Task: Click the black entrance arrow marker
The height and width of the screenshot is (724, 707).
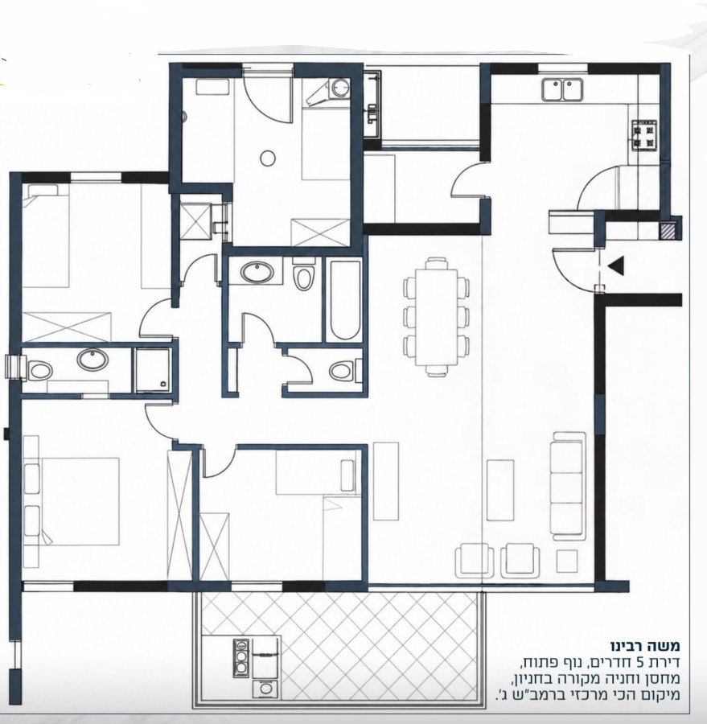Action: point(616,266)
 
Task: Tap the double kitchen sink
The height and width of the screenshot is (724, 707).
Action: point(562,89)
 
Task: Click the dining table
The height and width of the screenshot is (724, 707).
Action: point(437,317)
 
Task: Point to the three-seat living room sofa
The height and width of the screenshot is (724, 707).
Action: point(569,485)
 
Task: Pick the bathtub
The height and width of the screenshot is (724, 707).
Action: point(344,301)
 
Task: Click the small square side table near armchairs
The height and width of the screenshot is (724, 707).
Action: point(566,561)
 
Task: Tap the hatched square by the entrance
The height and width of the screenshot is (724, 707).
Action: point(668,231)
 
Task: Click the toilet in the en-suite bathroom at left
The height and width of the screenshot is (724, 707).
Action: point(39,370)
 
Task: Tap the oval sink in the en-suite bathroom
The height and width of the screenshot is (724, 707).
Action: point(92,360)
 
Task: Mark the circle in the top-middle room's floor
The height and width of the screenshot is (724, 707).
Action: point(268,158)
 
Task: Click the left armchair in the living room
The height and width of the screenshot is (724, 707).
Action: point(475,561)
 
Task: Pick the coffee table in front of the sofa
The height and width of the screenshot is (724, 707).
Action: point(500,490)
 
